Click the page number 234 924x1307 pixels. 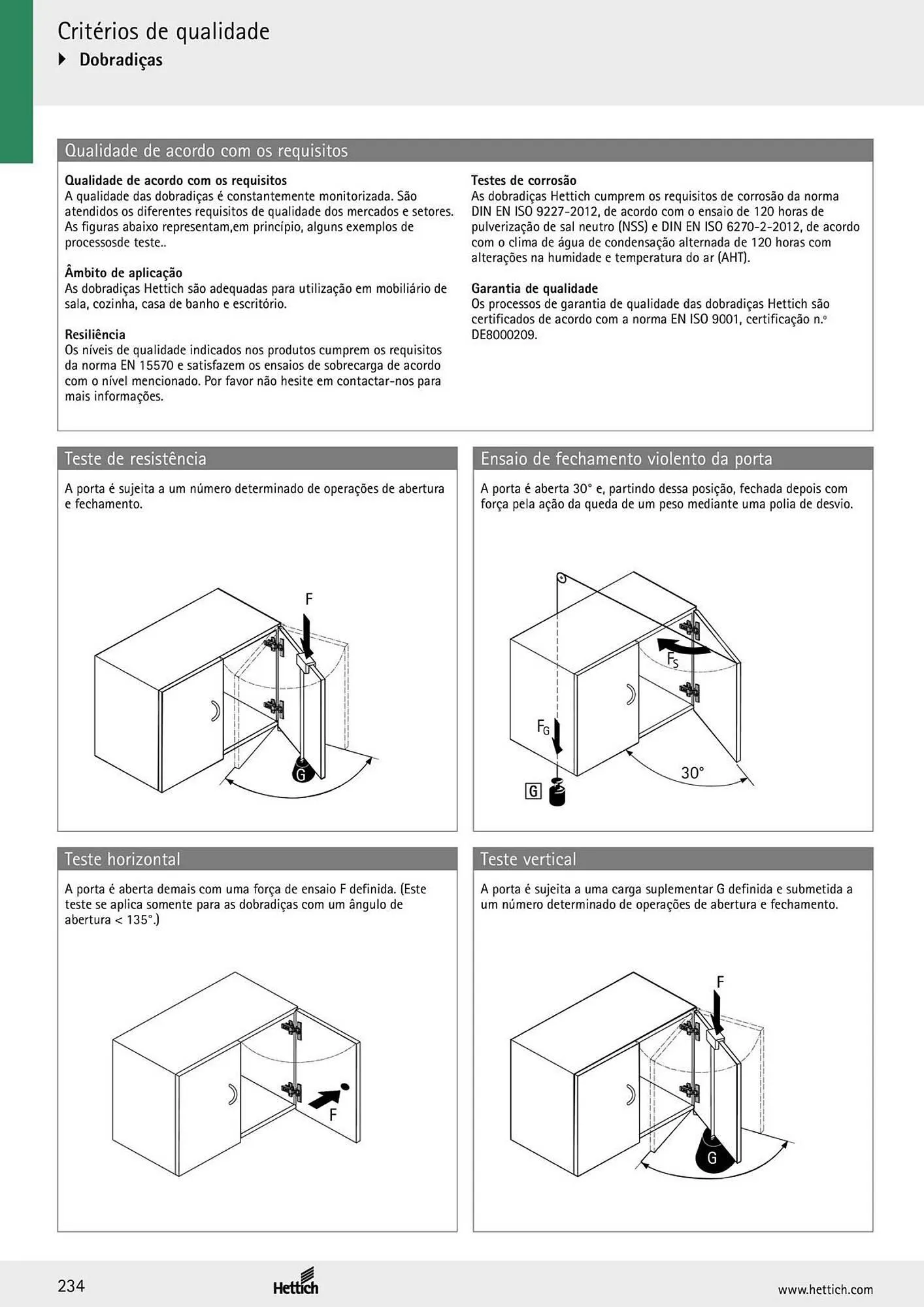click(71, 1286)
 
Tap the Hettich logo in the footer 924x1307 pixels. click(296, 1281)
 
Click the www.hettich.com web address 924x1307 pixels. click(825, 1289)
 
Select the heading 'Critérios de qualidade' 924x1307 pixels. click(163, 31)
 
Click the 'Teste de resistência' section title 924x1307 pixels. click(135, 459)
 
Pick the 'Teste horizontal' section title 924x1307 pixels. click(122, 859)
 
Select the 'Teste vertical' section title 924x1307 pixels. click(528, 859)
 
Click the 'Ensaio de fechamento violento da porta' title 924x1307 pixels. click(626, 459)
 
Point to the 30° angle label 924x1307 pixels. click(693, 773)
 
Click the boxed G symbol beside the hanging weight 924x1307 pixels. click(533, 791)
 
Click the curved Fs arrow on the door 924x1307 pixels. click(683, 646)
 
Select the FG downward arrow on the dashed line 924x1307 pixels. click(557, 736)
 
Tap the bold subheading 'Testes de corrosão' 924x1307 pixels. click(523, 180)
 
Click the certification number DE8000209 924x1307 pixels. click(504, 335)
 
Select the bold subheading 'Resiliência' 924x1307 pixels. click(95, 335)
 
